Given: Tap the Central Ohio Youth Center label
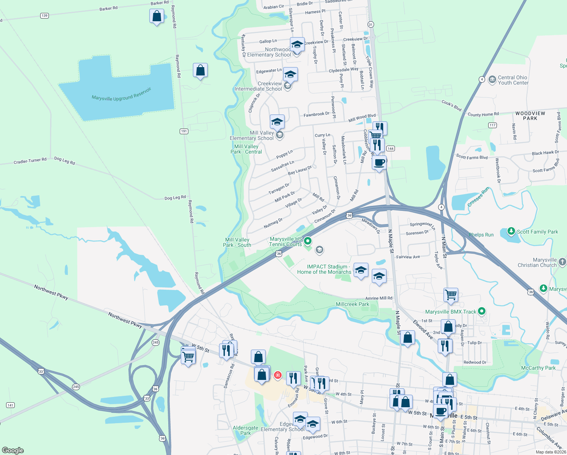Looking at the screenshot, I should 513,80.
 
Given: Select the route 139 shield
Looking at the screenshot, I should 44,16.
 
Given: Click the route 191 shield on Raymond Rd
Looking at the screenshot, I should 184,131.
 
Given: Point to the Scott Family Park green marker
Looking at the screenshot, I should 511,231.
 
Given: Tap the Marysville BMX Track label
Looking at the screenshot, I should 450,312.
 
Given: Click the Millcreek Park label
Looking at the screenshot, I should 352,304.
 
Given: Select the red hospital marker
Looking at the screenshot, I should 278,375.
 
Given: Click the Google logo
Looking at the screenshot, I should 13,450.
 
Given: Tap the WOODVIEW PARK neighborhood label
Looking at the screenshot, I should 530,116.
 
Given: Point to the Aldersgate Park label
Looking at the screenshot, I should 245,430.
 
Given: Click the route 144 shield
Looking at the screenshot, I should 391,149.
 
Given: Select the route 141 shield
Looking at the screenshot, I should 10,405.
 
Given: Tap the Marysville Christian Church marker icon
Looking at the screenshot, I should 562,262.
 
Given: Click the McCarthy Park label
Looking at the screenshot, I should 538,368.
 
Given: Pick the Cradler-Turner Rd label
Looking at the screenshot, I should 30,161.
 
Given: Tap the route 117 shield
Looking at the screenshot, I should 492,125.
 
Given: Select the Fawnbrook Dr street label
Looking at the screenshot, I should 316,114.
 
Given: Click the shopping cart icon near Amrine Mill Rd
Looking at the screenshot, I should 451,294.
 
